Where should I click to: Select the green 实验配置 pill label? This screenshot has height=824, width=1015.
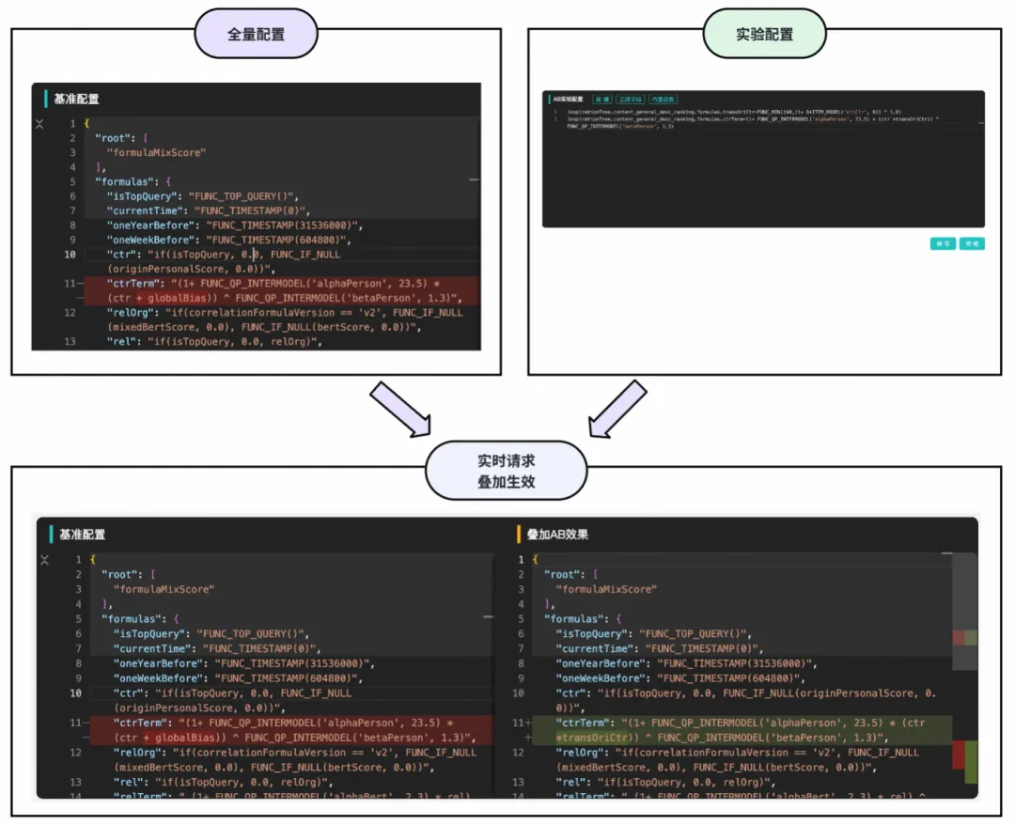pyautogui.click(x=764, y=35)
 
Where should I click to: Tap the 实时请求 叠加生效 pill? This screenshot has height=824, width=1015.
pyautogui.click(x=507, y=472)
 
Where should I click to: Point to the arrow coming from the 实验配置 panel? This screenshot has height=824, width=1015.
pyautogui.click(x=617, y=408)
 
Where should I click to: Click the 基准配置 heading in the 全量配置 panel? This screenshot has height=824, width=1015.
pyautogui.click(x=76, y=99)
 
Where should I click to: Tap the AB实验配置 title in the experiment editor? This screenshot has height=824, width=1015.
pyautogui.click(x=567, y=99)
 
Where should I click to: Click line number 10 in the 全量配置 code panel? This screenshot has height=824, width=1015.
pyautogui.click(x=70, y=255)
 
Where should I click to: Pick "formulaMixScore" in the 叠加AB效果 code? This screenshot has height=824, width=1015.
pyautogui.click(x=606, y=589)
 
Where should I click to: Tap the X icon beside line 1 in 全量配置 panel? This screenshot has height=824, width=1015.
pyautogui.click(x=39, y=124)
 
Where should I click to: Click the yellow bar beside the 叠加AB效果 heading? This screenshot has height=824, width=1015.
pyautogui.click(x=519, y=535)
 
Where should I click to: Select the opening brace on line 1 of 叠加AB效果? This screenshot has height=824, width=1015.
pyautogui.click(x=535, y=560)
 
